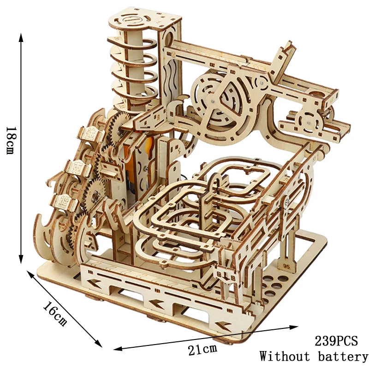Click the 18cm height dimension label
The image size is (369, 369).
pyautogui.click(x=11, y=141)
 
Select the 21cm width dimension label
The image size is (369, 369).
pyautogui.click(x=202, y=350)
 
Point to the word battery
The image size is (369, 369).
pyautogui.click(x=343, y=356)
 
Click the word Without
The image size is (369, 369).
pyautogui.click(x=285, y=356)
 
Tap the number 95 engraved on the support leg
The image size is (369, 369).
pyautogui.click(x=286, y=266)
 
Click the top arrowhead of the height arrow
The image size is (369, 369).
pyautogui.click(x=21, y=38)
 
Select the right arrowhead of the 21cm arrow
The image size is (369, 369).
pyautogui.click(x=294, y=327)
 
